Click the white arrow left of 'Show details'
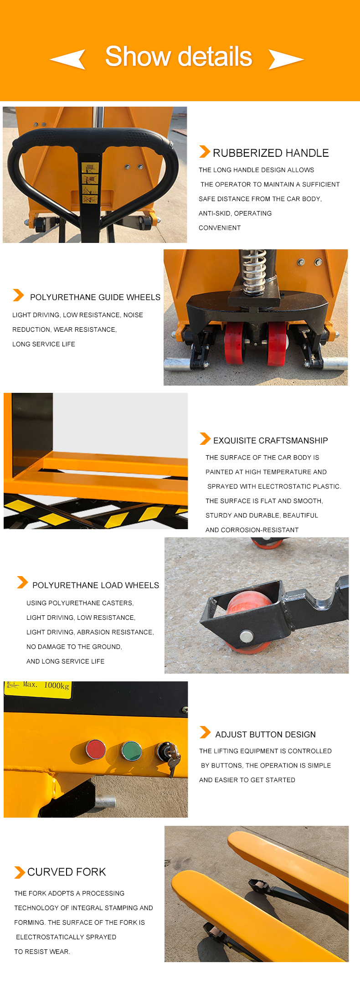pos(68,59)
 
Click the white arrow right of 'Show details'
pos(286,59)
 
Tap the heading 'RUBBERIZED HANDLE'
pos(271,153)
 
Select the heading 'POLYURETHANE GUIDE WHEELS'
pos(95,297)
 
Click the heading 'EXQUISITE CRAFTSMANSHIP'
pos(271,441)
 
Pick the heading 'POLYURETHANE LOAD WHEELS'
pos(96,585)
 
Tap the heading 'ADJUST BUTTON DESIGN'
pos(266,735)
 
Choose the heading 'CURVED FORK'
pos(67,872)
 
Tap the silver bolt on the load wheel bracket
pos(247,636)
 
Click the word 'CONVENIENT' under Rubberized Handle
pos(220,228)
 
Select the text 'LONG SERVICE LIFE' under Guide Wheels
pos(44,344)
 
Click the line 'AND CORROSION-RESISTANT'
pos(252,530)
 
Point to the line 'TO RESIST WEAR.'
pos(42,952)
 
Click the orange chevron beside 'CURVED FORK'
pos(20,872)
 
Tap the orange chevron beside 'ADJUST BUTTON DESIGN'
pos(205,732)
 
